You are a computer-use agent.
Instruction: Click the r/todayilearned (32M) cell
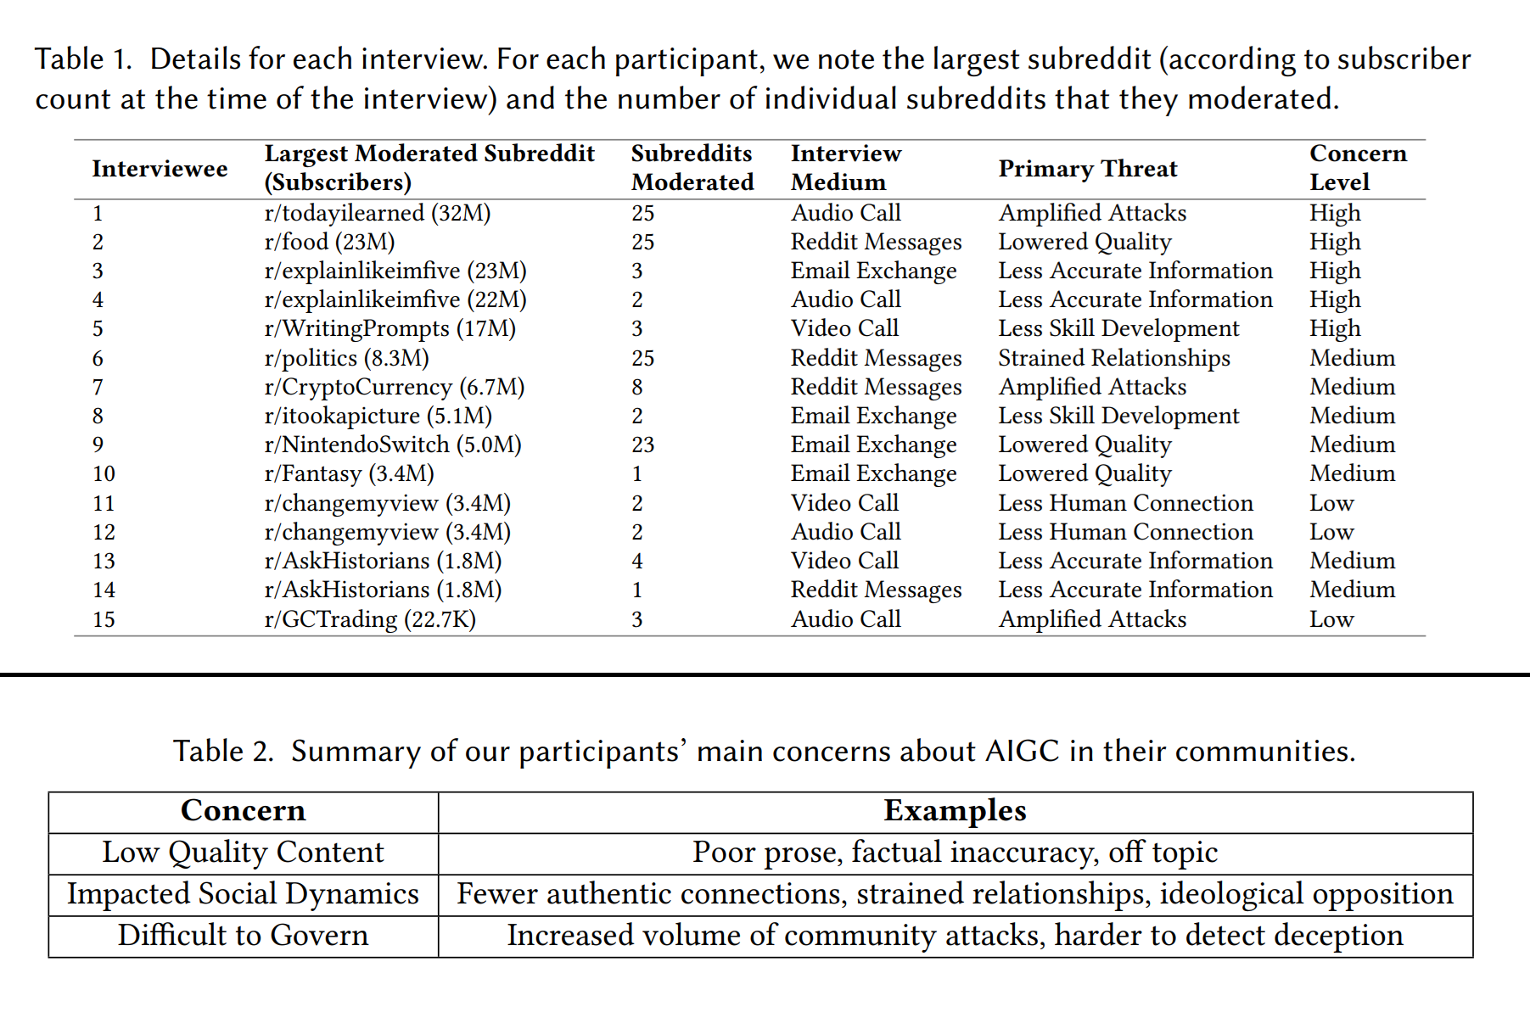(377, 213)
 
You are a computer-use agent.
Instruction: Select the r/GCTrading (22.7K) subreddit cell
(370, 619)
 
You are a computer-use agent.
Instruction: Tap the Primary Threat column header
(1087, 169)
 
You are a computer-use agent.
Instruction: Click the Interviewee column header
(160, 169)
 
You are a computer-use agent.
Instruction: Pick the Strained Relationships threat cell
(1113, 358)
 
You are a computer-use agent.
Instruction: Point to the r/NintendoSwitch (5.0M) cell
(392, 445)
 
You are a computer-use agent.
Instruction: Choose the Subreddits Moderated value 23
(642, 445)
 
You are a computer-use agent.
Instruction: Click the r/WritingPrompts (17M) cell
(390, 328)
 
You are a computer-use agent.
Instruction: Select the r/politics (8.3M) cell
(346, 358)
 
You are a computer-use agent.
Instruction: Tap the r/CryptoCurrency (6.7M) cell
(394, 387)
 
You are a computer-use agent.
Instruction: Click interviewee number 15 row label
(104, 619)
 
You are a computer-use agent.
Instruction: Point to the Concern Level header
(1357, 168)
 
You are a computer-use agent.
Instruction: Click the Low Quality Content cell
(243, 853)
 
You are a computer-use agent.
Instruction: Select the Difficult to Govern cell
(243, 935)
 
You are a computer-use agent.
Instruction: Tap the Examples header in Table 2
(955, 811)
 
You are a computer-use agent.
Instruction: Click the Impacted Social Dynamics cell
(243, 894)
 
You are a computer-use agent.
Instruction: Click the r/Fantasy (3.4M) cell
(349, 473)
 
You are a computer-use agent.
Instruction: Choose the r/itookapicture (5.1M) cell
(378, 416)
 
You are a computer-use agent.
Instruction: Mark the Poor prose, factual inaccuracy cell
(955, 853)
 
